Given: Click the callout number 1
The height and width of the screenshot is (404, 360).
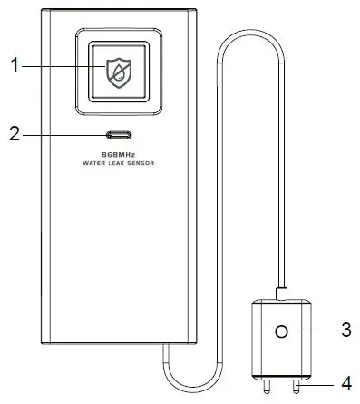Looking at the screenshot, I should [x=14, y=65].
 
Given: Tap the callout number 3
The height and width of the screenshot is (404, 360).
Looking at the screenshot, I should [x=345, y=331].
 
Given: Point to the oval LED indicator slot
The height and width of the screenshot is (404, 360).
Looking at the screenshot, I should [x=120, y=136].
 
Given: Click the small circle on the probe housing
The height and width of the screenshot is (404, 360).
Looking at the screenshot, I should [x=284, y=332].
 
